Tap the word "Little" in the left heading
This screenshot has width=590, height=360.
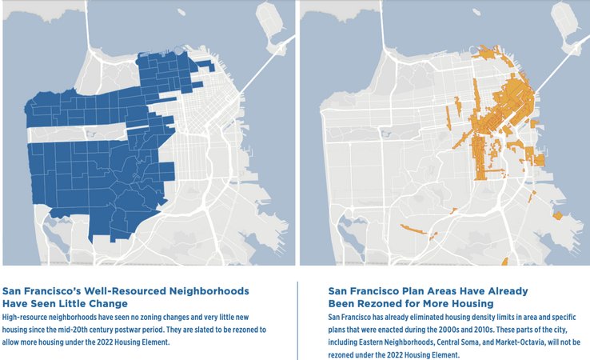[x=90, y=303]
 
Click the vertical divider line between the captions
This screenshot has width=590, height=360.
[x=297, y=320]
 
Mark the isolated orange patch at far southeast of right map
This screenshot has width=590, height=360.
[x=557, y=216]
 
